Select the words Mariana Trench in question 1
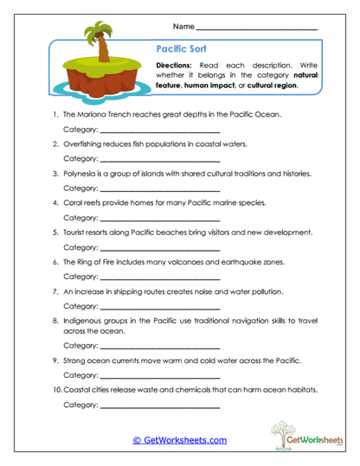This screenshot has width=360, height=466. click(101, 114)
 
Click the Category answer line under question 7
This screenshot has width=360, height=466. click(151, 307)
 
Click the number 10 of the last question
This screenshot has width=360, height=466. click(55, 390)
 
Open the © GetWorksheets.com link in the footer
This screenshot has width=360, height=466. click(179, 440)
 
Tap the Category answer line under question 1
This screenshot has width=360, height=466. click(151, 130)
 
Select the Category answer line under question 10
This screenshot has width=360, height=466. click(151, 405)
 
